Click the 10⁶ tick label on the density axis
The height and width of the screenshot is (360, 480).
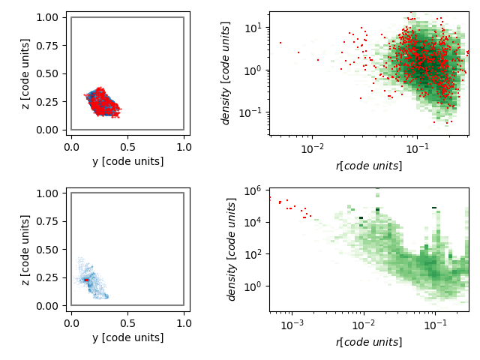[253, 191]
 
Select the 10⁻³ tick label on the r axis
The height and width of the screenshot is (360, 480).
[292, 325]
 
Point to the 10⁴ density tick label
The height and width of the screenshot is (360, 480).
[253, 223]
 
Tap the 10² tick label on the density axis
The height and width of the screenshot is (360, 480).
[253, 255]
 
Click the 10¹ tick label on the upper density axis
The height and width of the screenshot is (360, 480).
[253, 28]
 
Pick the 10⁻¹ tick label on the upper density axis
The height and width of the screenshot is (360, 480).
[250, 113]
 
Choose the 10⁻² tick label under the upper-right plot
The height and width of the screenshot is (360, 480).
[312, 148]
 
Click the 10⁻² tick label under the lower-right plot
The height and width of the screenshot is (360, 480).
[364, 325]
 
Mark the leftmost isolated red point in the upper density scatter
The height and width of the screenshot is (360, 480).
[280, 43]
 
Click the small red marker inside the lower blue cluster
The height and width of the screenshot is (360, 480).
[86, 280]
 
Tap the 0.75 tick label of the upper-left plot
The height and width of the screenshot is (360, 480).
[46, 46]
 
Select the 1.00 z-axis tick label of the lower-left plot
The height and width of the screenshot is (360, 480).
[46, 193]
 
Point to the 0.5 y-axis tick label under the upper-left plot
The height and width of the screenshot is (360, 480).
[127, 147]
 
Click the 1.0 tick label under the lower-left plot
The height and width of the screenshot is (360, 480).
[184, 323]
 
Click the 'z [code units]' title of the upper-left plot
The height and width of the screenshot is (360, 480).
[25, 73]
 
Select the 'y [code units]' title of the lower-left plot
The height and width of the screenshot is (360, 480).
[128, 337]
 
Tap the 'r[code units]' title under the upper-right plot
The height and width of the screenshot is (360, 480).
[369, 166]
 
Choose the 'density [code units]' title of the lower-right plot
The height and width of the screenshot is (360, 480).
[231, 250]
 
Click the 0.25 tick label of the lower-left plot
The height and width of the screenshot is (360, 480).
[46, 277]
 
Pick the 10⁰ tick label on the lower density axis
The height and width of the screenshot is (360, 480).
[253, 286]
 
